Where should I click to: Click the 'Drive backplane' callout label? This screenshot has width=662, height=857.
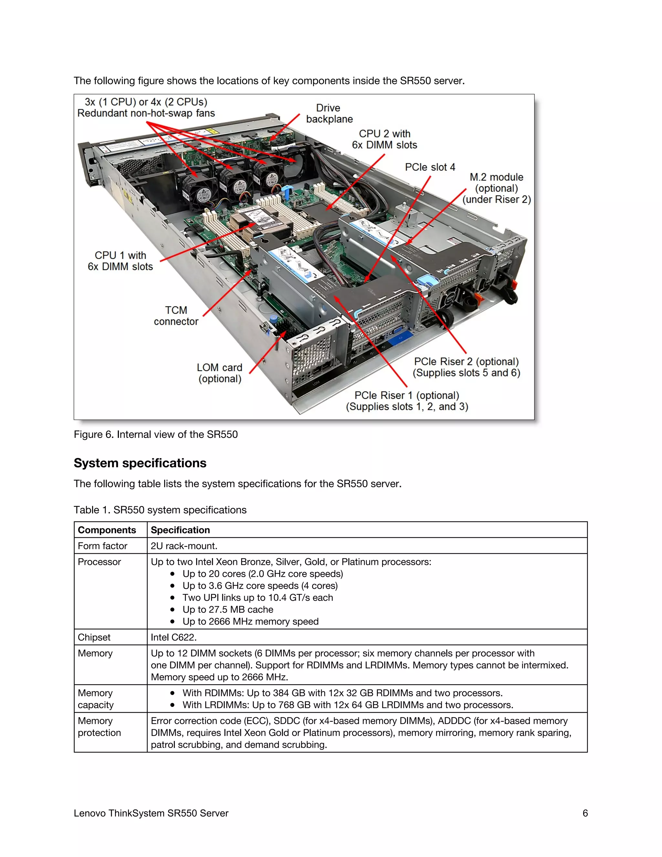(x=329, y=114)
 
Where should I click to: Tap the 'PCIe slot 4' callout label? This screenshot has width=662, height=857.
(x=430, y=167)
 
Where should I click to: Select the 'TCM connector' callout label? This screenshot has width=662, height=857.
(x=176, y=316)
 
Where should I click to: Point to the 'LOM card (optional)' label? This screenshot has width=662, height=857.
(x=219, y=373)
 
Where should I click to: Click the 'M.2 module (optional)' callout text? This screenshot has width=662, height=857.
(x=496, y=188)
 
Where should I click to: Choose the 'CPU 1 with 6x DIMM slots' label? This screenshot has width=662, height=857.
(x=120, y=261)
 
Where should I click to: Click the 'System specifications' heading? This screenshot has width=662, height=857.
(x=140, y=463)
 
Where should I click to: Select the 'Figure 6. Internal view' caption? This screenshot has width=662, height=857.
(x=156, y=434)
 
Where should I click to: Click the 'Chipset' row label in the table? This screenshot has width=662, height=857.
(x=94, y=637)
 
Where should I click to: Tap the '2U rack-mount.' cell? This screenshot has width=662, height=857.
(x=184, y=546)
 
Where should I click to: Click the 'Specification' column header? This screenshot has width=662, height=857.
(x=180, y=530)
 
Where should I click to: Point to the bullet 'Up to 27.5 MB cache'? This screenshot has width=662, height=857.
(x=228, y=609)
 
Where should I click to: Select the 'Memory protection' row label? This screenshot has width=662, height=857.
(x=99, y=727)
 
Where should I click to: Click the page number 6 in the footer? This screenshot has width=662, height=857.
(x=585, y=813)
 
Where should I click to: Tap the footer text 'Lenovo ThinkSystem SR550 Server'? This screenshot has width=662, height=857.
(x=151, y=813)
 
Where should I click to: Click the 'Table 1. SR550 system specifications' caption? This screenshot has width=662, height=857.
(x=160, y=510)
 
